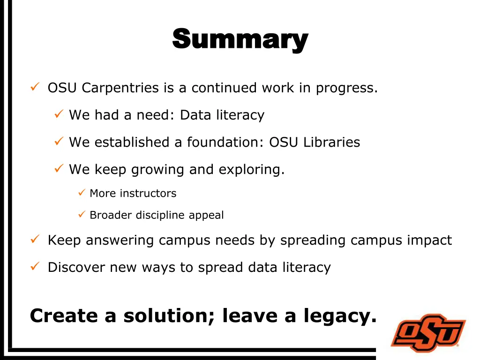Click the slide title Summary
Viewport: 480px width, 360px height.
240,40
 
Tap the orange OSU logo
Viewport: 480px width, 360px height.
428,332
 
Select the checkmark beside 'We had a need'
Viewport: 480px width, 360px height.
59,114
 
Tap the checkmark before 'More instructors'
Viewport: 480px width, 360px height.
81,193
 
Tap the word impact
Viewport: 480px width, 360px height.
429,240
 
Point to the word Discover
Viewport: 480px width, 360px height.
76,267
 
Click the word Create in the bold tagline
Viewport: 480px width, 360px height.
64,316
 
